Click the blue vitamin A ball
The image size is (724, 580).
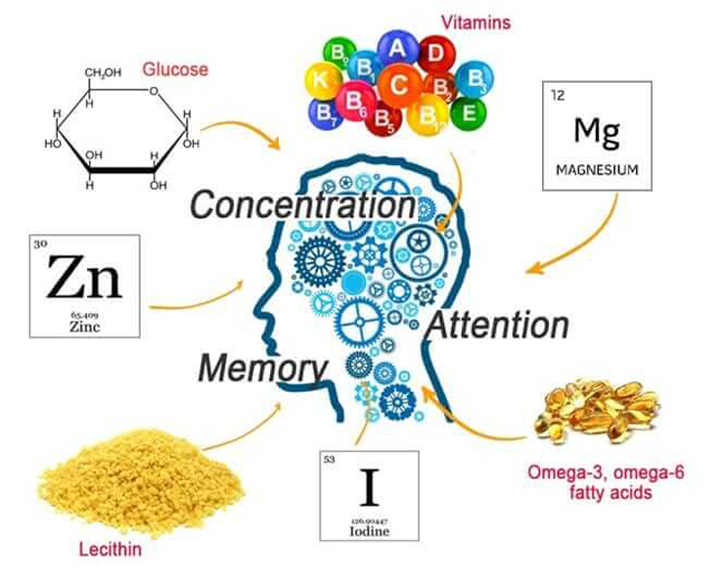point(398,49)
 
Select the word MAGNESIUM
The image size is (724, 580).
point(596,169)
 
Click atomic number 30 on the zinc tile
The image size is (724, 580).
point(40,245)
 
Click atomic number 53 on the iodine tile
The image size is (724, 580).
point(329,460)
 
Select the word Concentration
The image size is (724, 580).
point(302,205)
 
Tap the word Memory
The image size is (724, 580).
point(262,369)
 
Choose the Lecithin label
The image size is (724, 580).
point(110,549)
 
